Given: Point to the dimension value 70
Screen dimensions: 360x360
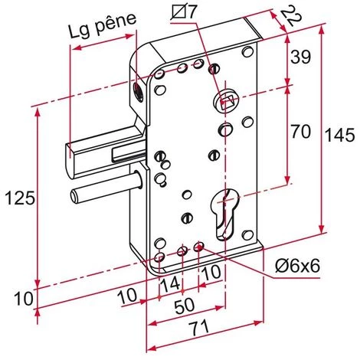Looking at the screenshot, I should [300, 133].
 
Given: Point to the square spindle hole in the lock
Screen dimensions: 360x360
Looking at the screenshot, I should [224, 100].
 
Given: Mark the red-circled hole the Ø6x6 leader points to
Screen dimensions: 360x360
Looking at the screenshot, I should [200, 247].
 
